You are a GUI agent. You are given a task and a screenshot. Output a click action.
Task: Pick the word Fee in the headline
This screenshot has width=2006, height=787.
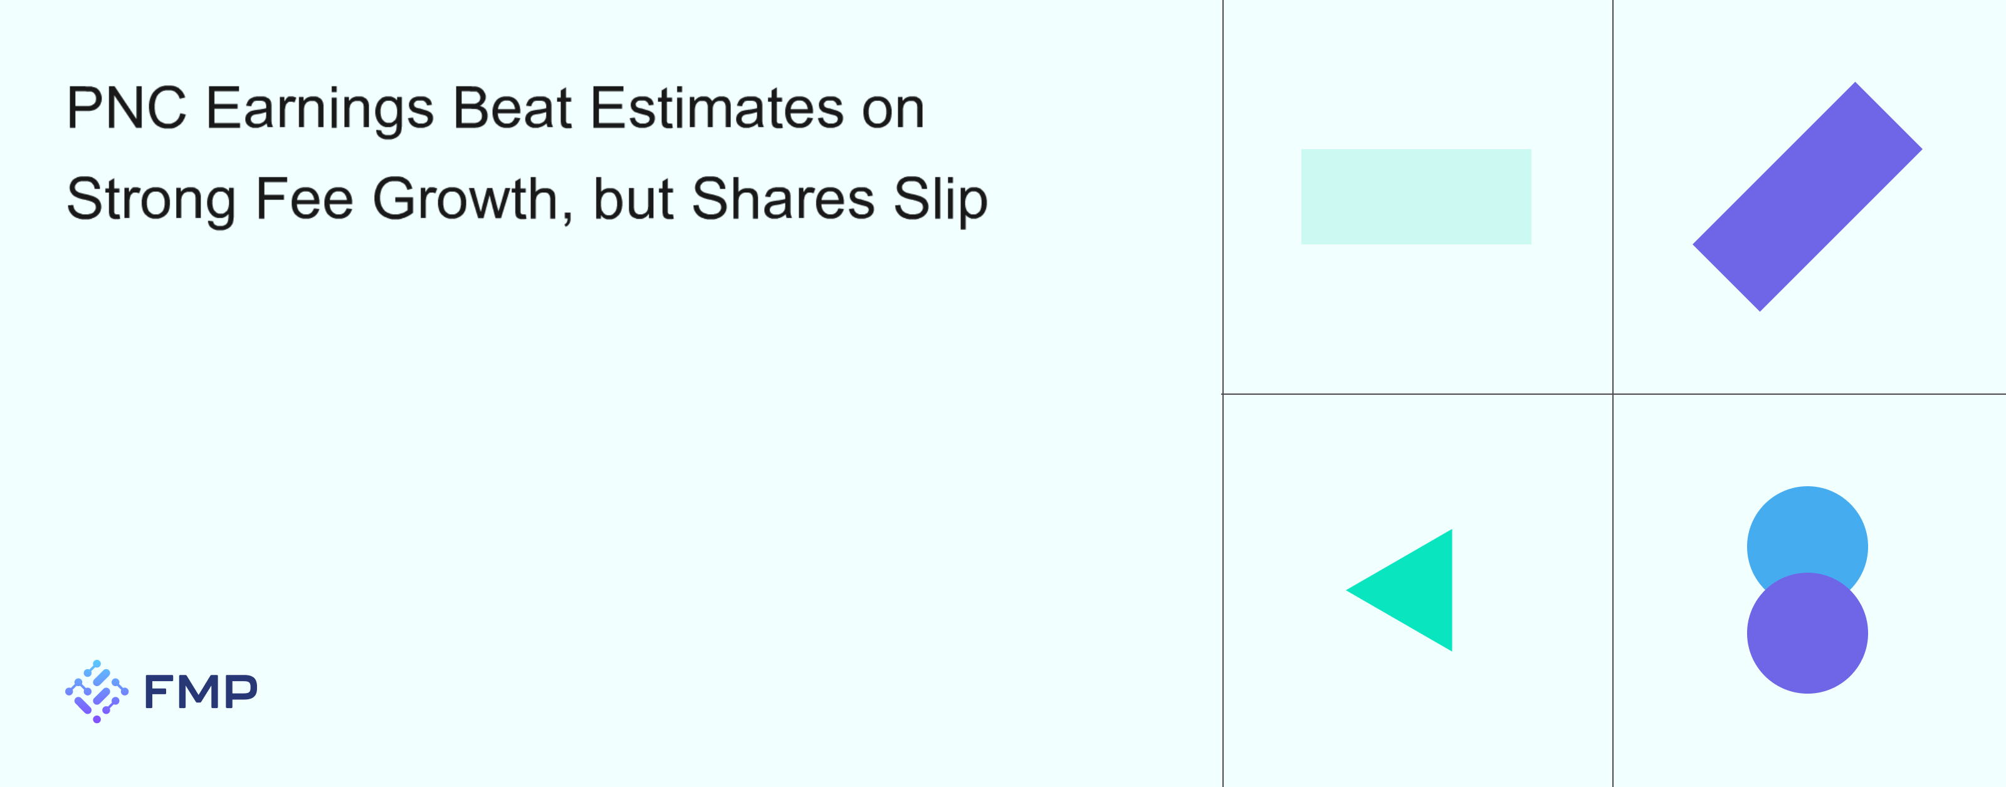pyautogui.click(x=305, y=199)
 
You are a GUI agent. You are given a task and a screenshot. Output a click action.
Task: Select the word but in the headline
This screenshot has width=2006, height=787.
pyautogui.click(x=633, y=199)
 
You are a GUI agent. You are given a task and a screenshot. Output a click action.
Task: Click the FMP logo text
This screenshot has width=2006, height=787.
pyautogui.click(x=201, y=691)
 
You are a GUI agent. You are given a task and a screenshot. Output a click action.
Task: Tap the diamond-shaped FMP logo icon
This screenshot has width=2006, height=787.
pyautogui.click(x=97, y=691)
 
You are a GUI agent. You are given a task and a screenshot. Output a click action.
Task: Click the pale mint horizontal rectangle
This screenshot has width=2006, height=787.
pyautogui.click(x=1415, y=196)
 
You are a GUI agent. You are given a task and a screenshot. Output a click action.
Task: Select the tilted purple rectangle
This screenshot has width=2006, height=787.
pyautogui.click(x=1807, y=196)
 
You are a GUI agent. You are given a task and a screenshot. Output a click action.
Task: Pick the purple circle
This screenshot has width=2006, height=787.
pyautogui.click(x=1807, y=633)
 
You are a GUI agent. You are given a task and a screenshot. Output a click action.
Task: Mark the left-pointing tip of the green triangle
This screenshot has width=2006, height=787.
pyautogui.click(x=1347, y=590)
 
